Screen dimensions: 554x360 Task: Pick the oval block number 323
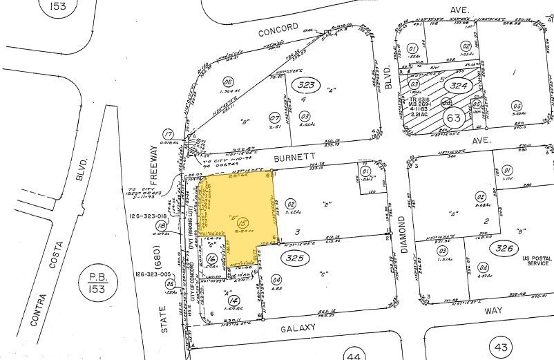click(x=305, y=85)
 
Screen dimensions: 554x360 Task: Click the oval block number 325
click(x=293, y=258)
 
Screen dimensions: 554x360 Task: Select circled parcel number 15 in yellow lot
click(x=242, y=223)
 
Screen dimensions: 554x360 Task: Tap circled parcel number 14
click(x=235, y=301)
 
